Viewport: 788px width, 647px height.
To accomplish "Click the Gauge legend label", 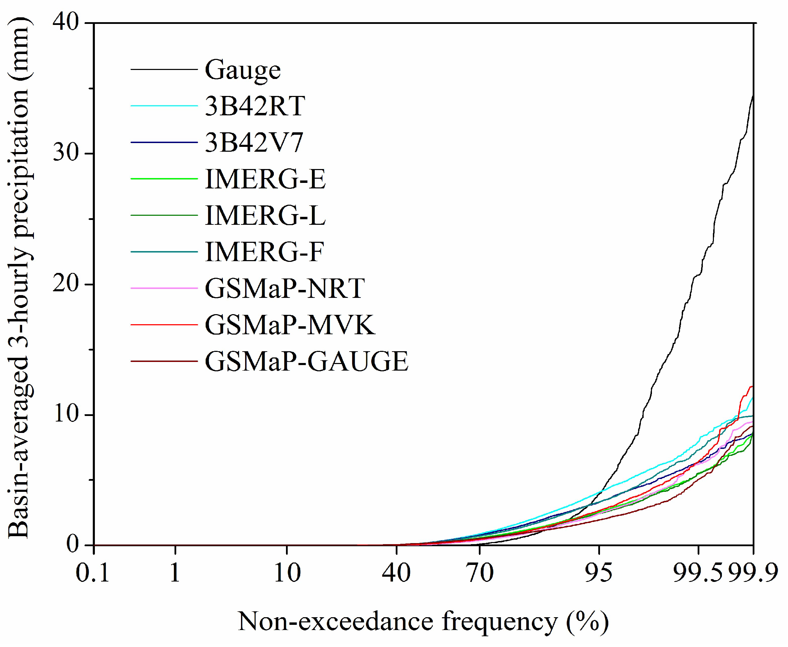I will [243, 70].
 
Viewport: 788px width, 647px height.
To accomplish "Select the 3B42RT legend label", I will [255, 106].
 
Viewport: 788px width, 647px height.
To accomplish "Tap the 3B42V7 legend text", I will [254, 143].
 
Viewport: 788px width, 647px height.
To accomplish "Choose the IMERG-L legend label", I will [265, 216].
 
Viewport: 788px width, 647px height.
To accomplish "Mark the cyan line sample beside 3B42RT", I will [164, 106].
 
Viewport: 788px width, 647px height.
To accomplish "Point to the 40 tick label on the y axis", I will [66, 23].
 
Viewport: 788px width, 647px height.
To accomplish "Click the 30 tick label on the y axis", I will [66, 153].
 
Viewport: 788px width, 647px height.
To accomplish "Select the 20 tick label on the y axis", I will [66, 284].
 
